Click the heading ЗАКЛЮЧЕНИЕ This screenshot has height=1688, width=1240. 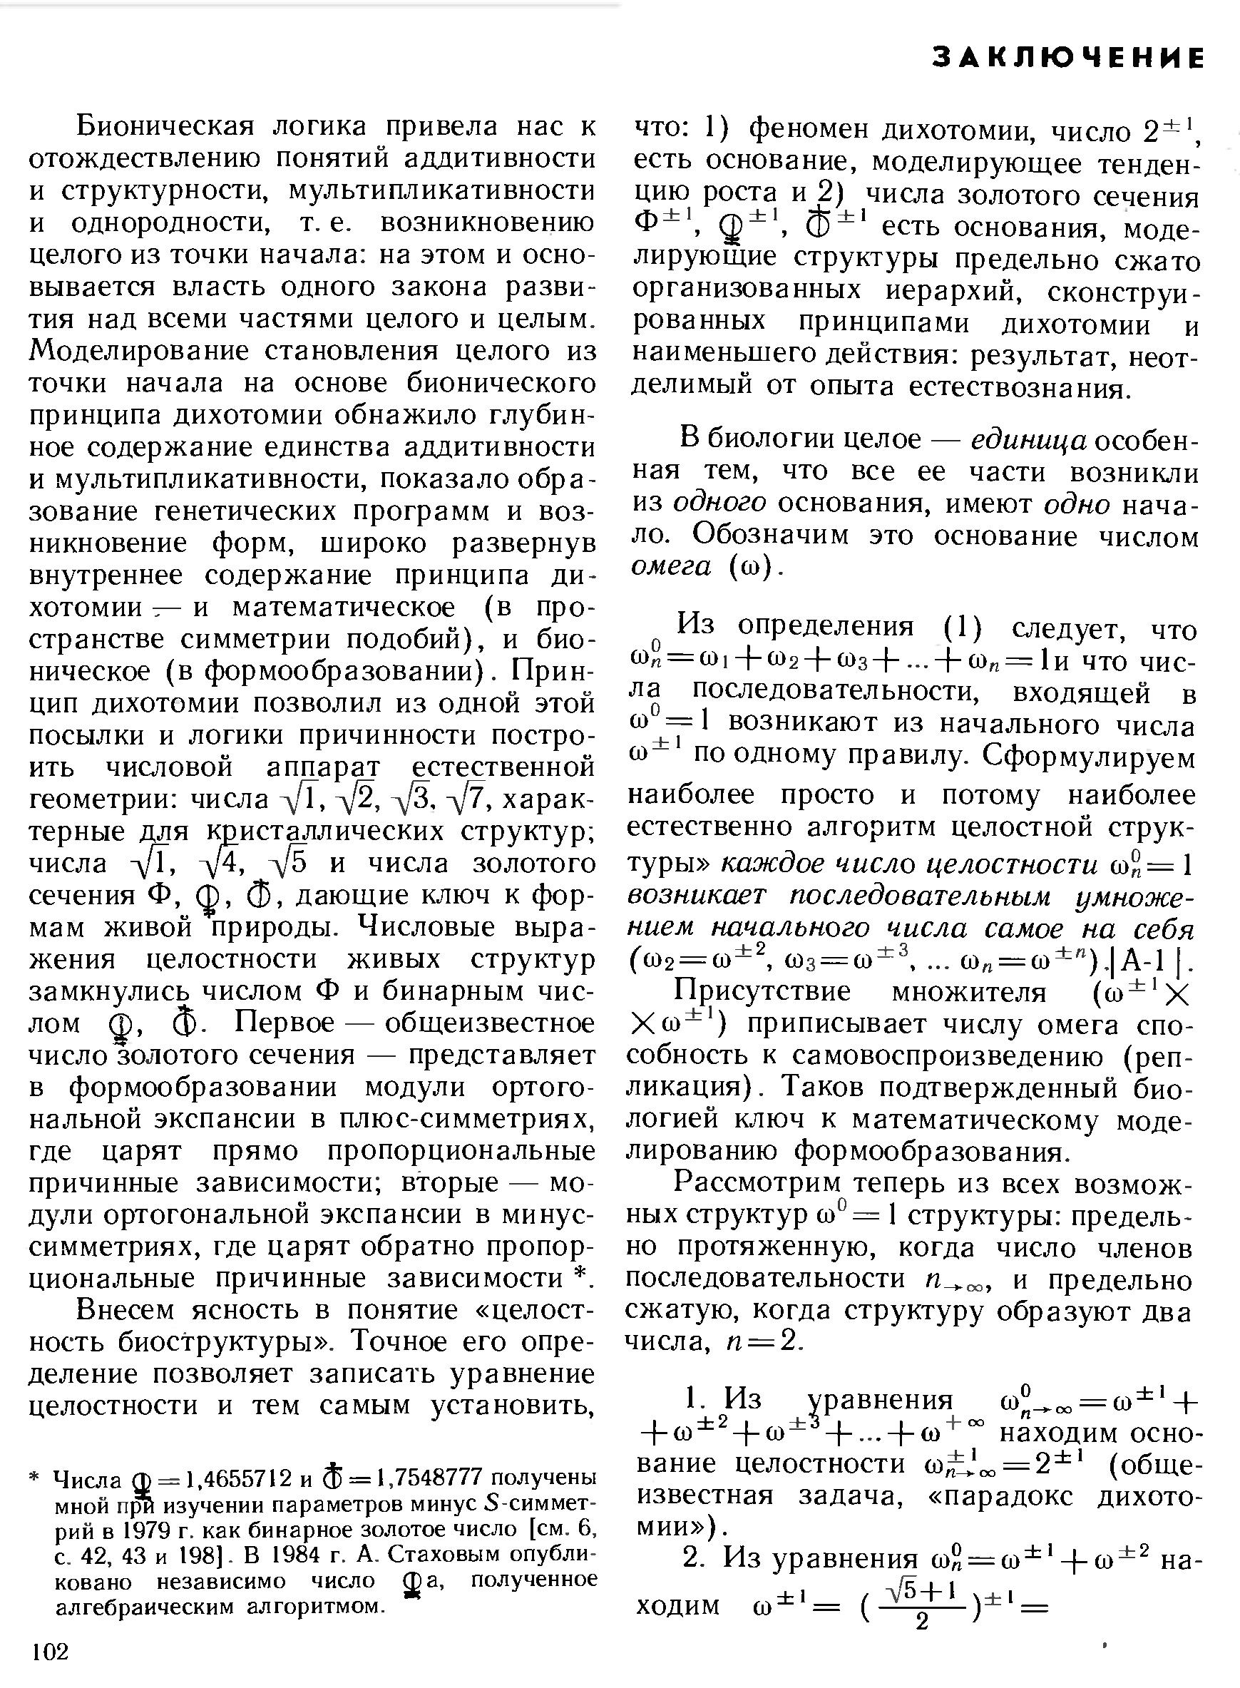pyautogui.click(x=1068, y=58)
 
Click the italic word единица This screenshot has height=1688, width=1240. pyautogui.click(x=1028, y=440)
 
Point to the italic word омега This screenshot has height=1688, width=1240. pyautogui.click(x=671, y=568)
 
